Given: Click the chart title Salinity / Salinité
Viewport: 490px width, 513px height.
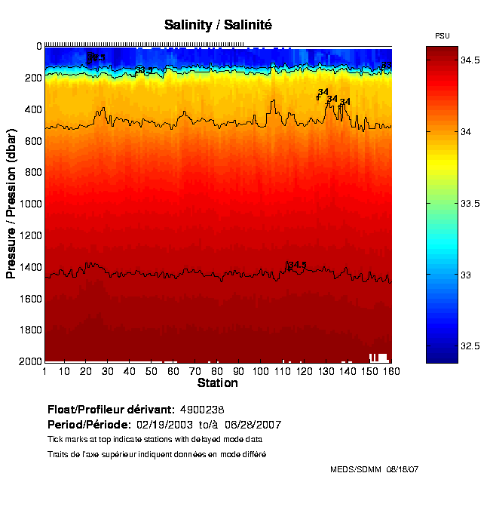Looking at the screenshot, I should [218, 25].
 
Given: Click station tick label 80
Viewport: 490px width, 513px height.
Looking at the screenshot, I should [217, 371].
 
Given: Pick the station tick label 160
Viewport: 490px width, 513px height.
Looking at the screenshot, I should [390, 371].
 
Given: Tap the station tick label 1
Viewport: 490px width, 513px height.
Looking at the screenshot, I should [45, 371].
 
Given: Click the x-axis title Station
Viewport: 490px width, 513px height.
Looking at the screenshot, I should [217, 383].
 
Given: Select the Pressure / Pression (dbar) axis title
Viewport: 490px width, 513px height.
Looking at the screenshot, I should [11, 204].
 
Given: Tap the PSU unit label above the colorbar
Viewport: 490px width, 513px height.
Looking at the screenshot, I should [443, 36].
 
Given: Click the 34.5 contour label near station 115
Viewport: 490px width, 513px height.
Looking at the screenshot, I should [297, 265].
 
